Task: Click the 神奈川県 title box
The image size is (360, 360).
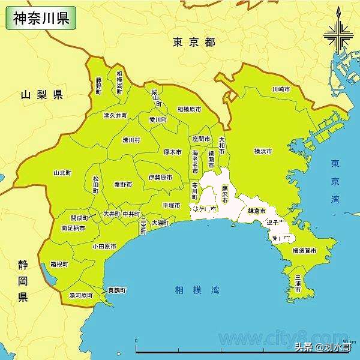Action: tap(41, 17)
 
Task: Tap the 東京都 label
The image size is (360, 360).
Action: tap(193, 42)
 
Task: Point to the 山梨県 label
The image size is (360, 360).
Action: tap(41, 95)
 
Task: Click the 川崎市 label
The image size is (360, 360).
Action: tap(281, 89)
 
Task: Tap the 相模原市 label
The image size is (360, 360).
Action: tap(189, 110)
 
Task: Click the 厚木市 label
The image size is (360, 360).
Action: tap(173, 152)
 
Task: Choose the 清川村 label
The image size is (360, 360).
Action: tap(131, 140)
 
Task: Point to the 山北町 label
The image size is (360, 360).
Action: tap(62, 172)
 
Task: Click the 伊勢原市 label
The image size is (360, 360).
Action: tap(160, 178)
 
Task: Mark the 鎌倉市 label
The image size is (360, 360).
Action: tap(257, 211)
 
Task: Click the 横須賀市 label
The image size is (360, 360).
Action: tap(304, 250)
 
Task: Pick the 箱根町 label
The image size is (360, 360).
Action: tap(59, 264)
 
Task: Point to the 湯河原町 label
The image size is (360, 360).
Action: tap(80, 296)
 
